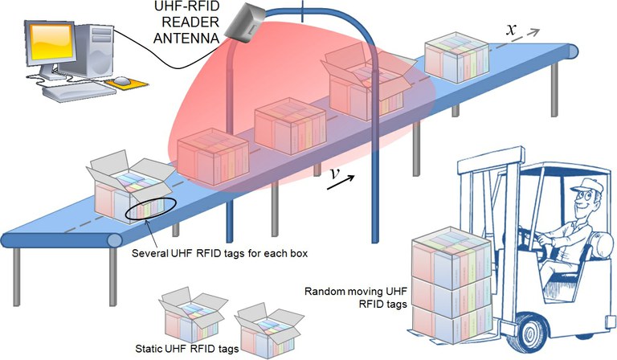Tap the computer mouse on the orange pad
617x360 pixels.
pyautogui.click(x=121, y=80)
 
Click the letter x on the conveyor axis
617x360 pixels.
pyautogui.click(x=511, y=28)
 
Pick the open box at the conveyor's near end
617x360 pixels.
pyautogui.click(x=131, y=190)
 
